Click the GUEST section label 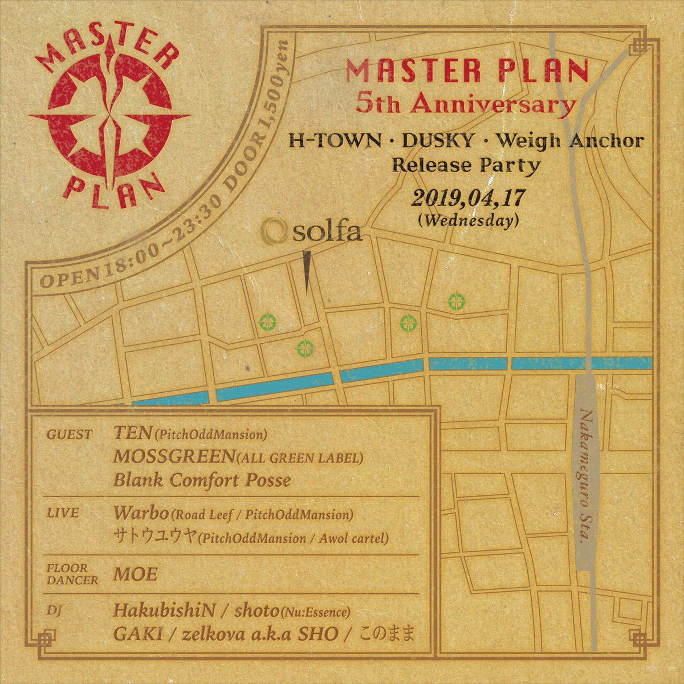(x=69, y=435)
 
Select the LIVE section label (x=62, y=513)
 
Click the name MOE (x=135, y=574)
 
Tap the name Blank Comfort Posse (x=202, y=480)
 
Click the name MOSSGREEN (x=173, y=457)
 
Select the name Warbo (x=141, y=513)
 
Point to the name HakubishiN (x=164, y=611)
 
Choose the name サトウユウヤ (x=154, y=536)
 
